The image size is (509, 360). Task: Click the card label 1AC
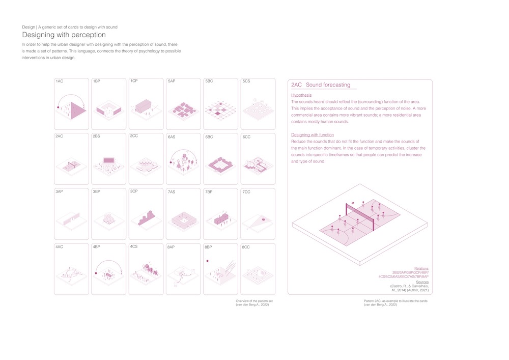59,81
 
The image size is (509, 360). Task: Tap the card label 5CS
246,81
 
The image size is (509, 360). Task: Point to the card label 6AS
172,137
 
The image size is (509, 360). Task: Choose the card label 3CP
134,191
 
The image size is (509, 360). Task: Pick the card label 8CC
246,247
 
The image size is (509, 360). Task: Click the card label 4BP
97,247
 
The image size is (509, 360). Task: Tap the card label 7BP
209,192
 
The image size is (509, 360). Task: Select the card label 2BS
97,136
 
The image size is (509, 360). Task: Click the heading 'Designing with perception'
64,35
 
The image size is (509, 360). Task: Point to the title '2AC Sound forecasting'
321,85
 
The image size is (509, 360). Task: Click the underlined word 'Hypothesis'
301,95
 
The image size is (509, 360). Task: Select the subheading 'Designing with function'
313,134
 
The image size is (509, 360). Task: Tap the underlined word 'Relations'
421,268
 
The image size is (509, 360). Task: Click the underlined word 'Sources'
422,282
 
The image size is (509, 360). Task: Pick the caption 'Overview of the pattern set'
252,301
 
